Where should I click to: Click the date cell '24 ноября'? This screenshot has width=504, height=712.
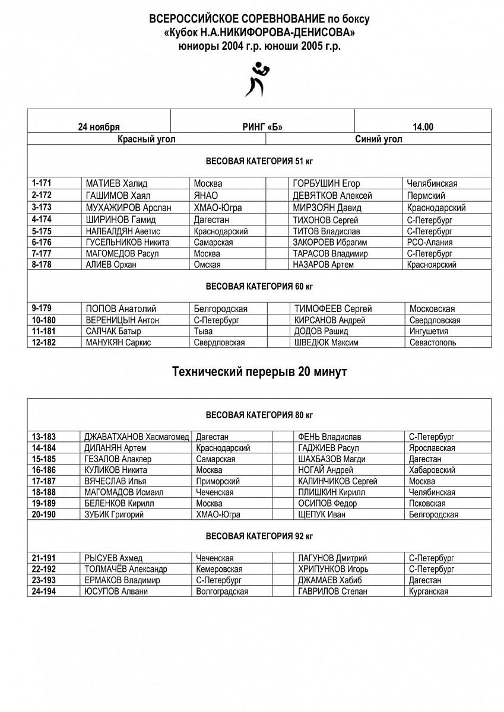click(x=99, y=127)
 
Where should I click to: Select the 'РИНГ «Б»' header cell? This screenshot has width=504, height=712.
click(x=262, y=127)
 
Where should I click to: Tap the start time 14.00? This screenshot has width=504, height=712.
click(x=423, y=127)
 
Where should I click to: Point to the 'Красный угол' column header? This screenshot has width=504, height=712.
click(x=146, y=139)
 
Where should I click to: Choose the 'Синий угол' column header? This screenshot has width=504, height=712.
click(x=378, y=139)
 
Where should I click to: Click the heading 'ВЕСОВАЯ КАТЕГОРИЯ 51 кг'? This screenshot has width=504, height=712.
click(x=259, y=161)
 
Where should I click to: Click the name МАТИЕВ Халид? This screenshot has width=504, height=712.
click(x=116, y=184)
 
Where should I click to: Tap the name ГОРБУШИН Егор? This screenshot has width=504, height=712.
click(x=326, y=184)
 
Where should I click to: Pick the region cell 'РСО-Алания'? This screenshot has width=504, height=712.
click(x=430, y=242)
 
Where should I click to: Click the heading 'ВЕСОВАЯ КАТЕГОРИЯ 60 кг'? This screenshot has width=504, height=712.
click(x=259, y=287)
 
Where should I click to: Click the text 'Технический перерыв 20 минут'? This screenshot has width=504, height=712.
click(x=259, y=372)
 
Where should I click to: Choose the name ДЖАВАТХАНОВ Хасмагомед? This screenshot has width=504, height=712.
click(x=137, y=437)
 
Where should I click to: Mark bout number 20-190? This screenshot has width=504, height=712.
click(x=44, y=515)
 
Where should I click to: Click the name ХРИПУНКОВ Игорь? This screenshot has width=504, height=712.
click(x=329, y=569)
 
